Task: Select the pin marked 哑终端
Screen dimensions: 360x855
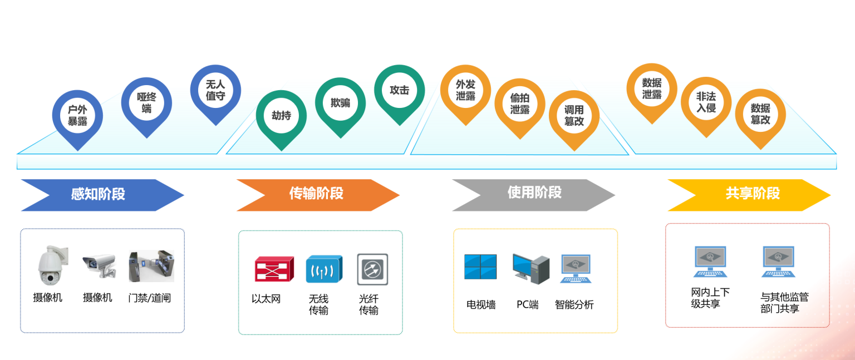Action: pyautogui.click(x=146, y=102)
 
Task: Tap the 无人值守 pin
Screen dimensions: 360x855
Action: pyautogui.click(x=215, y=90)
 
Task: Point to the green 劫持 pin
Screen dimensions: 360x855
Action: pyautogui.click(x=281, y=116)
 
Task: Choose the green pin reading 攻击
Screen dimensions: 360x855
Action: pyautogui.click(x=399, y=90)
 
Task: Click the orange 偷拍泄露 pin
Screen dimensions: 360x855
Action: pyautogui.click(x=519, y=103)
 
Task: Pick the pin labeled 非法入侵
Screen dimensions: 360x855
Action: pyautogui.click(x=706, y=102)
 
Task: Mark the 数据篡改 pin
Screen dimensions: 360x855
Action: pyautogui.click(x=760, y=114)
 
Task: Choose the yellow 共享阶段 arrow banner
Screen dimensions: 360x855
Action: pyautogui.click(x=749, y=195)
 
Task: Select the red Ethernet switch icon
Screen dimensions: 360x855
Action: pyautogui.click(x=274, y=269)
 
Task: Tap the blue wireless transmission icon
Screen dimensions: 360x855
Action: pyautogui.click(x=324, y=269)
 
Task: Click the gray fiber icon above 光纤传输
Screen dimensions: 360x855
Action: pyautogui.click(x=372, y=269)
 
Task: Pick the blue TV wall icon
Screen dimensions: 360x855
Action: pyautogui.click(x=480, y=267)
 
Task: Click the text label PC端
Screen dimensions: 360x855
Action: pyautogui.click(x=528, y=305)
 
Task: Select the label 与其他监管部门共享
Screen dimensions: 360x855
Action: pyautogui.click(x=784, y=303)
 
